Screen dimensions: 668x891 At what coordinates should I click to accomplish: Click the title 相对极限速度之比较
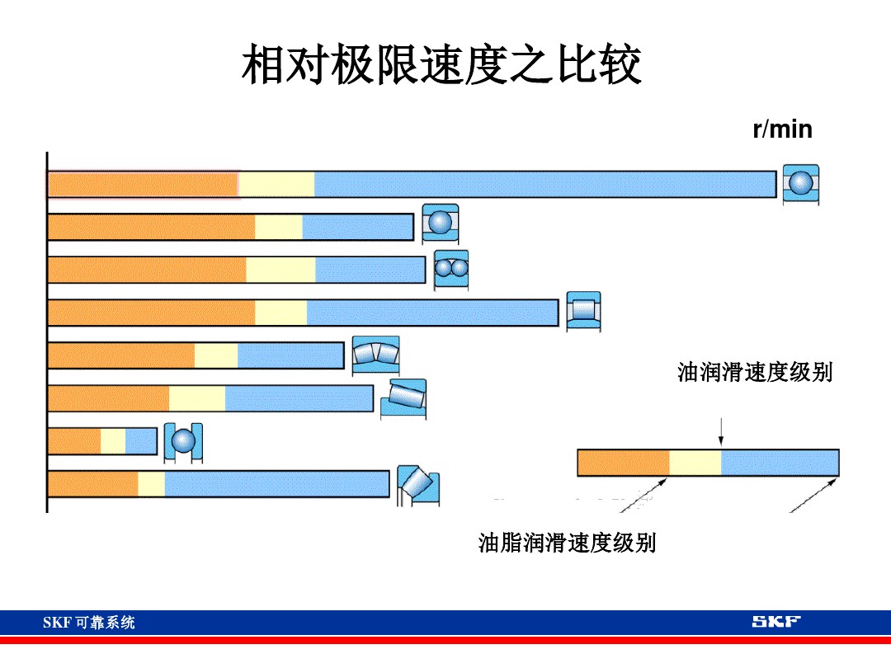(x=441, y=66)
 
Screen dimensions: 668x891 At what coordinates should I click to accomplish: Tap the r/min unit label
(x=782, y=129)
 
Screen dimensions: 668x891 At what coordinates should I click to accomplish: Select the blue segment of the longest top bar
(x=544, y=185)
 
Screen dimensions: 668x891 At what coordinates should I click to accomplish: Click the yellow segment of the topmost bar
(x=276, y=185)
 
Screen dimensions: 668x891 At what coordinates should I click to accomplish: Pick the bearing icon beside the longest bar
(x=800, y=185)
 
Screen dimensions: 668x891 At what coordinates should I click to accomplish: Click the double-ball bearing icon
(x=451, y=269)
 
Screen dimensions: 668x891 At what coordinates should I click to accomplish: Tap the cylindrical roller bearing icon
(x=583, y=311)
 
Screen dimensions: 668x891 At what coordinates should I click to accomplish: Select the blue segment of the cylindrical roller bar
(x=432, y=313)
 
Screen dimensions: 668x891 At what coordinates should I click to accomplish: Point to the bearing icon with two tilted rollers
(x=375, y=354)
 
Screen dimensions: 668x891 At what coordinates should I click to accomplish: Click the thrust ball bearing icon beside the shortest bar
(x=183, y=442)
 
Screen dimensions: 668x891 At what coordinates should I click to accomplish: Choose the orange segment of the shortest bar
(x=74, y=441)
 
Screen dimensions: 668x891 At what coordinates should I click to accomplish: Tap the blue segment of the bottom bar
(x=276, y=484)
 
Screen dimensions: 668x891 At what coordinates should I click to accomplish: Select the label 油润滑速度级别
(x=755, y=372)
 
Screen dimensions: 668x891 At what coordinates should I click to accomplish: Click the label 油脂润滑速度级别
(x=567, y=543)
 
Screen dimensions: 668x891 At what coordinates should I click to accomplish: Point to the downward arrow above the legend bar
(x=721, y=432)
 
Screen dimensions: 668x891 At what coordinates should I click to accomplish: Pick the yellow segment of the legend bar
(x=695, y=463)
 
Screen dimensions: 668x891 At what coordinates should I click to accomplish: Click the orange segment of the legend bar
(x=623, y=463)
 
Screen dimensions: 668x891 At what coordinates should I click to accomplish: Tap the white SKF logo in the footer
(x=775, y=622)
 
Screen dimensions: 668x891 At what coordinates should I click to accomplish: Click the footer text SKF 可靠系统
(x=89, y=623)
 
